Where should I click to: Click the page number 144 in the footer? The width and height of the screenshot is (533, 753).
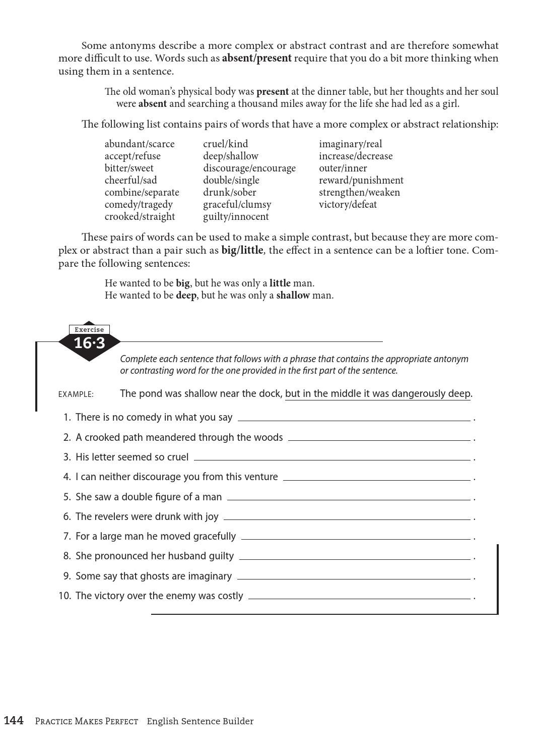14,721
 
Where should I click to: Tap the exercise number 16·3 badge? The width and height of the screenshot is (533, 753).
89,343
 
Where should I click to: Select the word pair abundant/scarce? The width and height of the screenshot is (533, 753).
140,144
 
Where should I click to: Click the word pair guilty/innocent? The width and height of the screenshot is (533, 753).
236,217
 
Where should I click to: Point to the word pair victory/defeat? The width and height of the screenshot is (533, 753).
348,205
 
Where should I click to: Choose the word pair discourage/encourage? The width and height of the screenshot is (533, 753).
249,168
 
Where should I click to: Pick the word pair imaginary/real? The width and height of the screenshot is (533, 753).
350,144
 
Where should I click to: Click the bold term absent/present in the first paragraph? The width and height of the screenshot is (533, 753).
256,58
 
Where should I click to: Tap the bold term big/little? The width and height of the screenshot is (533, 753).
242,250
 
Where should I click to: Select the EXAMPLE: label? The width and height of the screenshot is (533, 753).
76,394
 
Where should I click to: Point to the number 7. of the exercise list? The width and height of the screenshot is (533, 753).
67,537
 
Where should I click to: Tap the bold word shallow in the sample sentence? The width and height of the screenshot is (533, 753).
293,296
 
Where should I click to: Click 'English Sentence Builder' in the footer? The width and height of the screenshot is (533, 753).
200,721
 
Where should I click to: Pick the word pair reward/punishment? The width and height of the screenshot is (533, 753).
361,181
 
